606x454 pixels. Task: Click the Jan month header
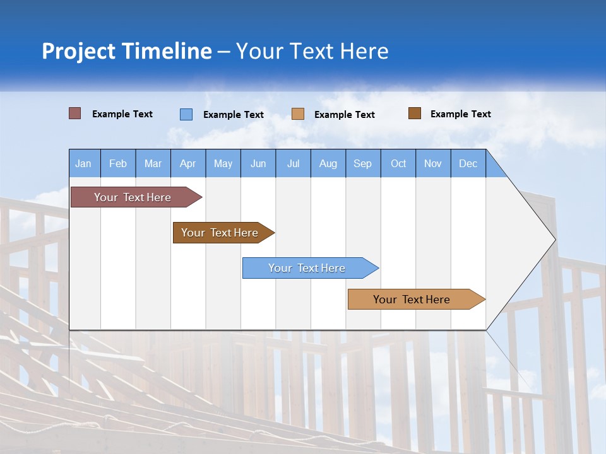[84, 163]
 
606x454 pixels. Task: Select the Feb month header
[118, 163]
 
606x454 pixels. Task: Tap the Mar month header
[153, 163]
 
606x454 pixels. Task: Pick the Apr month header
[188, 163]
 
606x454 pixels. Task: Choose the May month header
[223, 163]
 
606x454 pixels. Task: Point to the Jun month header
[258, 163]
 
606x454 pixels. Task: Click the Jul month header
[293, 163]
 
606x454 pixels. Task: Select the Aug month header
[328, 163]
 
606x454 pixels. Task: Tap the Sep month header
[363, 163]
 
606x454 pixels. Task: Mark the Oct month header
[398, 163]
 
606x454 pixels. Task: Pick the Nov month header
[433, 163]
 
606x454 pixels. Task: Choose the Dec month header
[468, 163]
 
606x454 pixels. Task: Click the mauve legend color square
[75, 113]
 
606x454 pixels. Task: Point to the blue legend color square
[186, 114]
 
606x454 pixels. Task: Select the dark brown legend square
[415, 113]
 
